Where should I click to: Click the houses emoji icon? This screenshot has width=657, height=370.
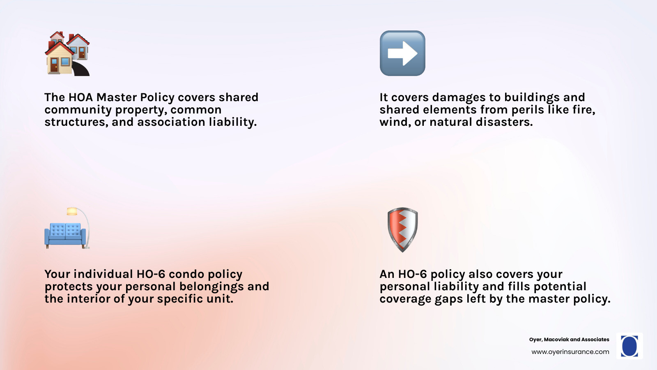(x=67, y=53)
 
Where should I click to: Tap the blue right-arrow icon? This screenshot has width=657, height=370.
(x=402, y=53)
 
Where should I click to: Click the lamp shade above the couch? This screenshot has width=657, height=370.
(x=72, y=211)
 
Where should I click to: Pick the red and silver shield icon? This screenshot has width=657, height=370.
(x=402, y=230)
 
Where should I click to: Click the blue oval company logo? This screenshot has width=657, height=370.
(x=629, y=346)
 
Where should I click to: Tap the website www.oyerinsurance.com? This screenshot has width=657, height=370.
(x=570, y=352)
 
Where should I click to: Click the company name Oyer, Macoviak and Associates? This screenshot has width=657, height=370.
(x=569, y=340)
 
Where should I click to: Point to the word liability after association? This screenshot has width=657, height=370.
(x=233, y=122)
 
